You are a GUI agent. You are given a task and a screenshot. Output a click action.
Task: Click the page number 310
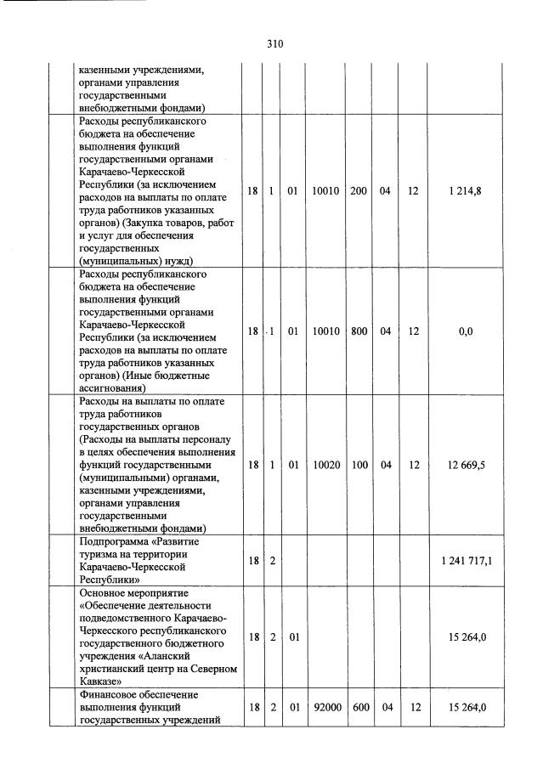(274, 43)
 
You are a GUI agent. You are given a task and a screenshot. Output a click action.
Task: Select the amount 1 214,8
(466, 191)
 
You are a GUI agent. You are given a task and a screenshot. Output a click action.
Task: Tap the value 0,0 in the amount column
(466, 331)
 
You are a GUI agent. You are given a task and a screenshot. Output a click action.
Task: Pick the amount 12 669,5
(466, 465)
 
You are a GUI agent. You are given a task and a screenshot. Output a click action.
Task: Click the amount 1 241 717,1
(466, 560)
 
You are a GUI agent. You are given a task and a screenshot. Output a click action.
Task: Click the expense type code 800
(359, 331)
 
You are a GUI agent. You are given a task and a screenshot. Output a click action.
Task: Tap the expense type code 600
(359, 706)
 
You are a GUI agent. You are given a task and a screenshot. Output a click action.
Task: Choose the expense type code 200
(359, 191)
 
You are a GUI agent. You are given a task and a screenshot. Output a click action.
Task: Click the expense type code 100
(359, 465)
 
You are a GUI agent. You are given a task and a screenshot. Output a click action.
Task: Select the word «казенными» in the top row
(106, 71)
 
